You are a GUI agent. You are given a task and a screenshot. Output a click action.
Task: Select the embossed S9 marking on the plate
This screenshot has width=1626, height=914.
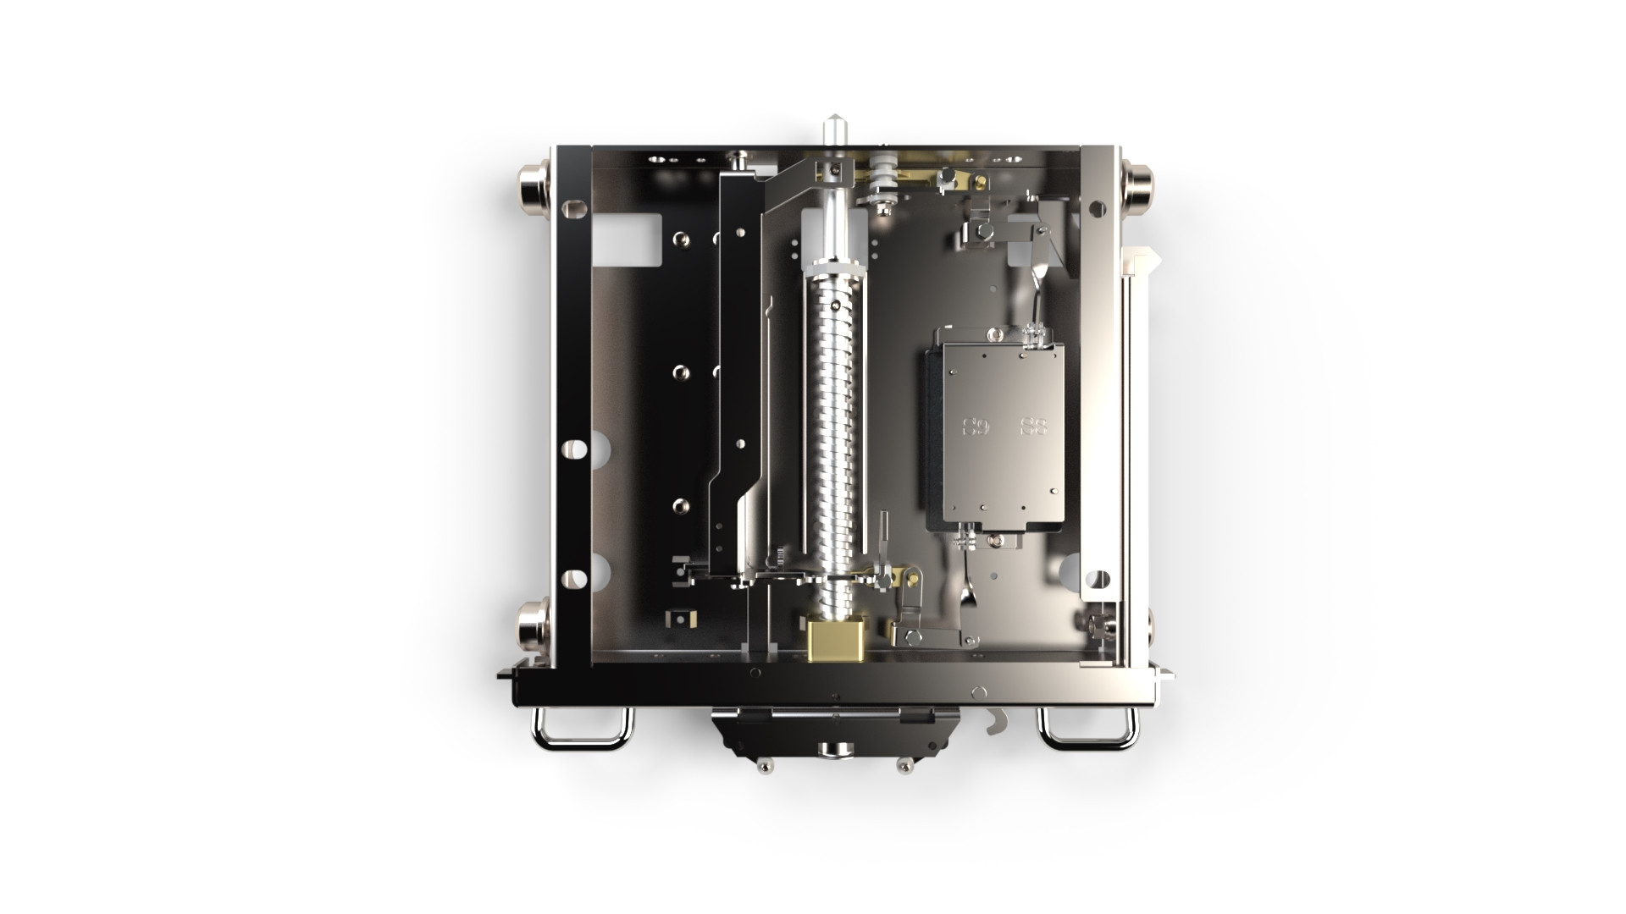(976, 427)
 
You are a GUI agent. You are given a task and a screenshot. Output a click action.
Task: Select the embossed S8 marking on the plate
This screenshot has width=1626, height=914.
(1033, 427)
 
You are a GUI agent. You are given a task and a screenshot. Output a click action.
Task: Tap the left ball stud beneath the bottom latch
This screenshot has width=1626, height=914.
(765, 765)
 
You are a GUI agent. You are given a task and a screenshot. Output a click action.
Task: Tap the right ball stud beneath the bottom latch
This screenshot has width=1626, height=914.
(904, 765)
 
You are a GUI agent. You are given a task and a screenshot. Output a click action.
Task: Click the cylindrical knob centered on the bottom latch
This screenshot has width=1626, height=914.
(833, 749)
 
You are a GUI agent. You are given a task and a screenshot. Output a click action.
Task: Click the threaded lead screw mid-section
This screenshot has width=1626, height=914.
(834, 423)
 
